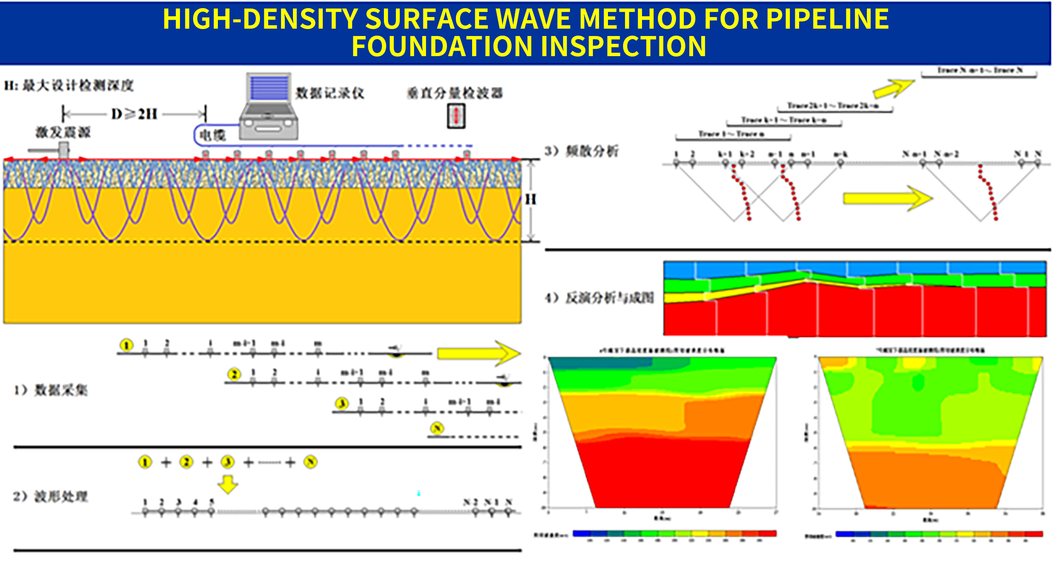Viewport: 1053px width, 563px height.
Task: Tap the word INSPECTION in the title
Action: pyautogui.click(x=623, y=46)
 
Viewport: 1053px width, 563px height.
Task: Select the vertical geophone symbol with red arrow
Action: pyautogui.click(x=456, y=116)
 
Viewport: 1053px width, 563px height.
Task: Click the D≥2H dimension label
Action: pyautogui.click(x=134, y=114)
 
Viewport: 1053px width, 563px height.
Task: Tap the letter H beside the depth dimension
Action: pyautogui.click(x=531, y=199)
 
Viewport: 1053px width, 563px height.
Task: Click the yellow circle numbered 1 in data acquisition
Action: pyautogui.click(x=126, y=345)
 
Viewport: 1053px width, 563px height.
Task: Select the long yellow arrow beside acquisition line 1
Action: pyautogui.click(x=478, y=353)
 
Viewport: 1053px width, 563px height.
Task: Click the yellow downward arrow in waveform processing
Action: pyautogui.click(x=228, y=484)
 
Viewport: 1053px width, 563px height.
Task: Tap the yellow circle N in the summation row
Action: pyautogui.click(x=310, y=462)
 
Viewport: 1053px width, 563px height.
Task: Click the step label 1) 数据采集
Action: pyautogui.click(x=51, y=390)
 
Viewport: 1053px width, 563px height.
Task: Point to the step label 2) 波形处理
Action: pyautogui.click(x=50, y=496)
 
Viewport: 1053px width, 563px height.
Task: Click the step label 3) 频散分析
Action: pyautogui.click(x=581, y=151)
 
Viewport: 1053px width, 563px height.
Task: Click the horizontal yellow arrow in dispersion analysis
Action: pyautogui.click(x=887, y=199)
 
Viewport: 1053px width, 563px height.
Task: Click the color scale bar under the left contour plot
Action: pyautogui.click(x=674, y=533)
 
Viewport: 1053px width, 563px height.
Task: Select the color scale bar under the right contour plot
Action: pyautogui.click(x=939, y=534)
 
